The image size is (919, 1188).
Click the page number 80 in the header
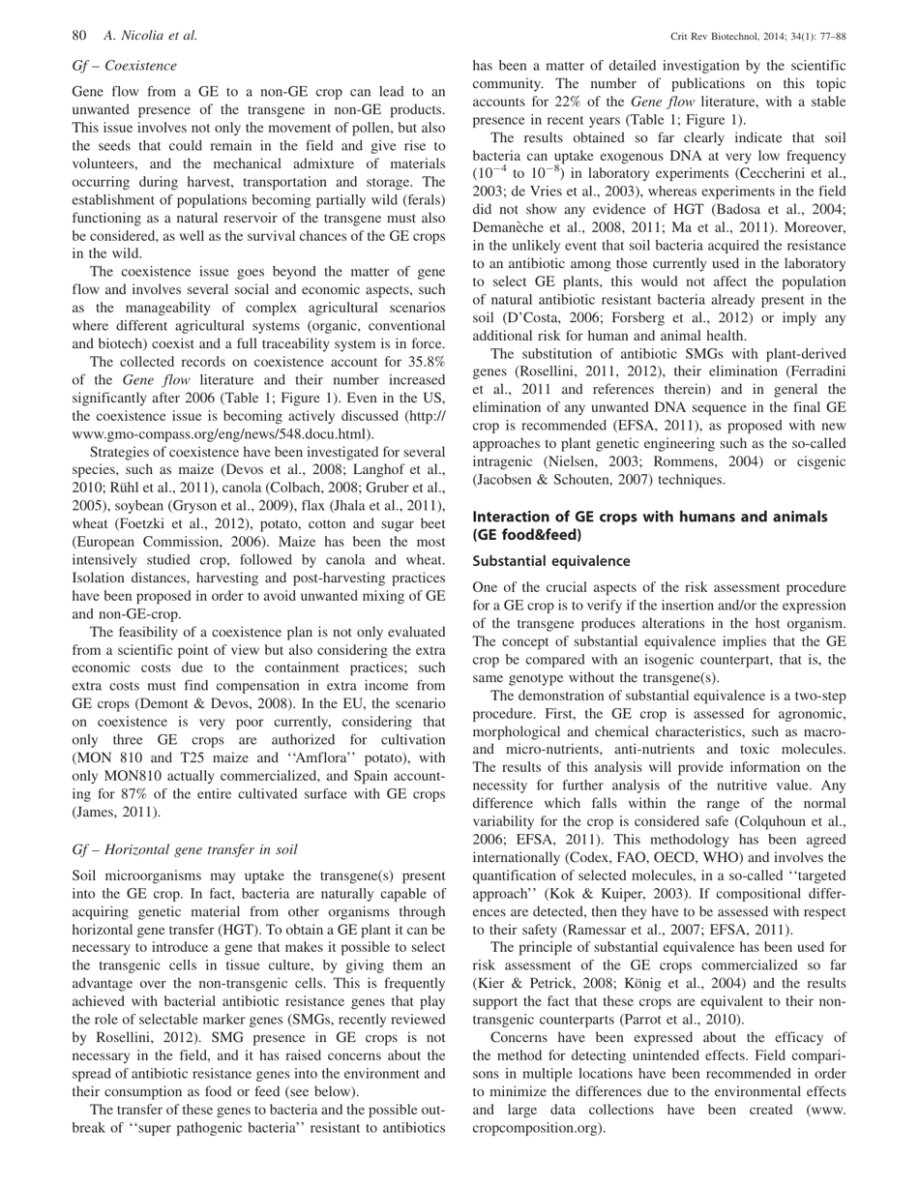tap(80, 37)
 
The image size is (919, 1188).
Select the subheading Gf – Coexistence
tap(125, 66)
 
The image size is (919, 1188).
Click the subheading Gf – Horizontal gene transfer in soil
tap(184, 851)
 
